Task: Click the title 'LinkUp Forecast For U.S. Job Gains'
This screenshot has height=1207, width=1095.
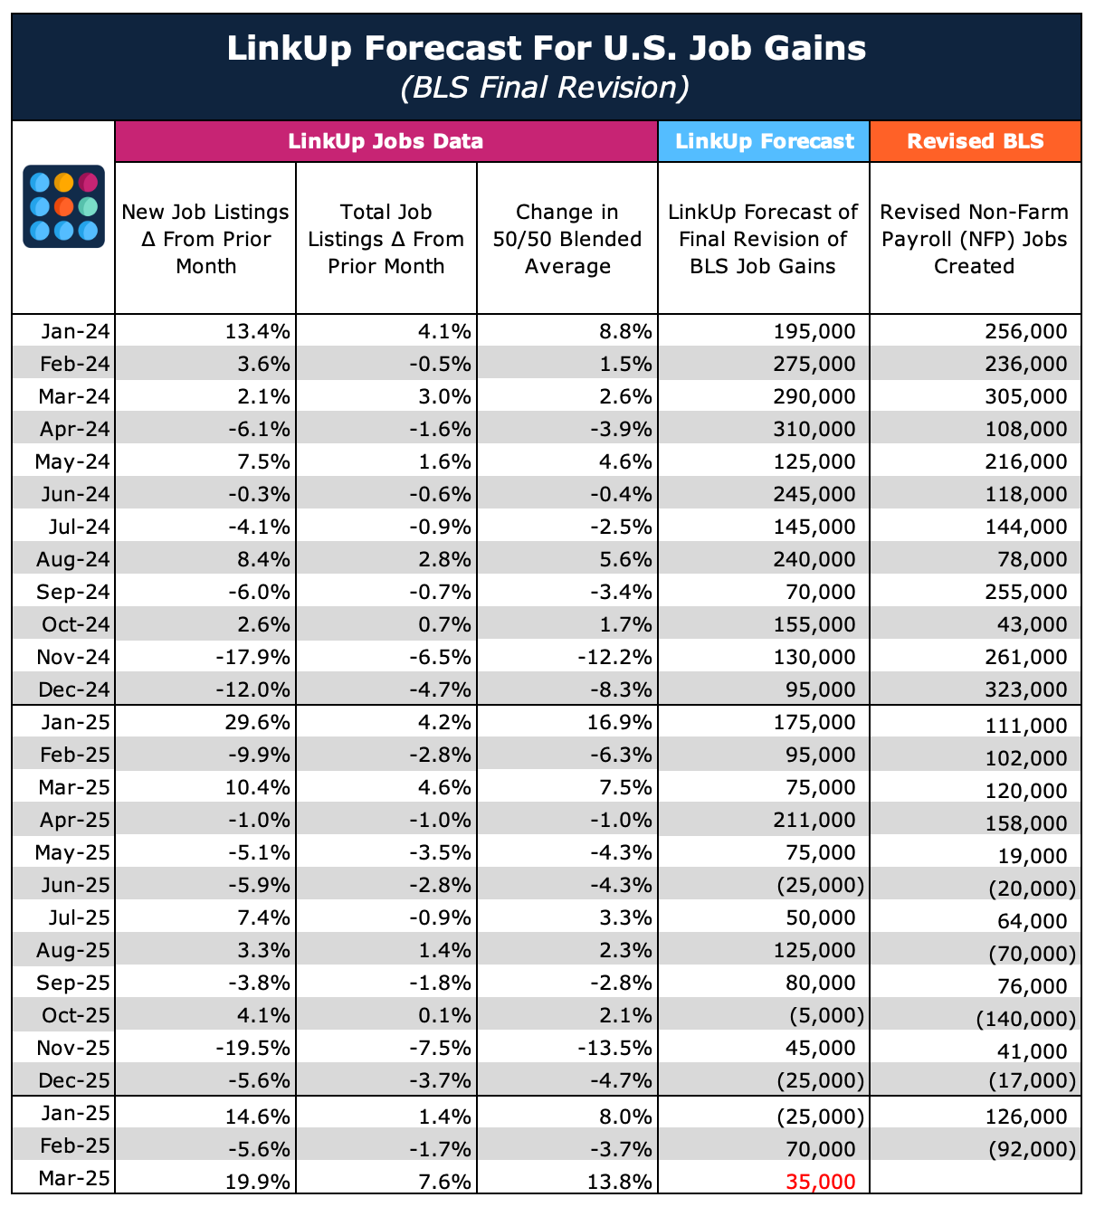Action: click(547, 48)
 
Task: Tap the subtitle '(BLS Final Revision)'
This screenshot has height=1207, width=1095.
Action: click(547, 87)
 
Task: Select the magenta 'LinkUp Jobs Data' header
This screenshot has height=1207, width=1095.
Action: click(386, 141)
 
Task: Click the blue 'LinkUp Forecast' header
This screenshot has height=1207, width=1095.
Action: click(764, 141)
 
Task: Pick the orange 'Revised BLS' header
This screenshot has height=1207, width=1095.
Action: click(975, 141)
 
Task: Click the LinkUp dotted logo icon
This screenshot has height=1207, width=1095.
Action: click(63, 206)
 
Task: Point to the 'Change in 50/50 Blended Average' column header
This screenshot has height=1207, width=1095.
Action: click(567, 239)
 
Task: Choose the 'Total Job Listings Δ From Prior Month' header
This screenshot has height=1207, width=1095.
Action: click(386, 239)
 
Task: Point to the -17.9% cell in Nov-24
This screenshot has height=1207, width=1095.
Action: click(254, 658)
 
